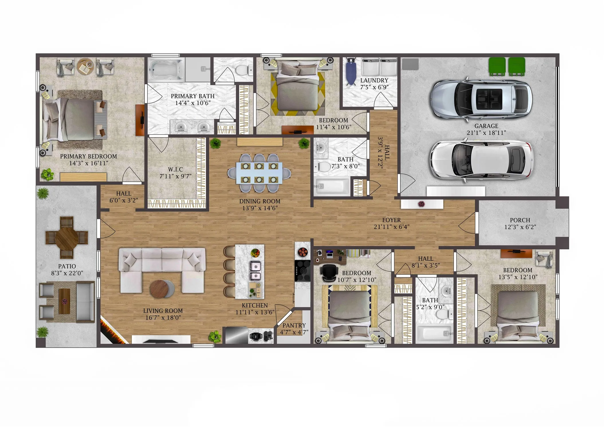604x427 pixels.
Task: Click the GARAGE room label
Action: (486, 126)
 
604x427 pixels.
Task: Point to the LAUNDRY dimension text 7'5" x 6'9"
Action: (374, 87)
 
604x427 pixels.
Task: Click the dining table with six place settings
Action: (259, 173)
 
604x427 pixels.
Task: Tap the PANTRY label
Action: (294, 325)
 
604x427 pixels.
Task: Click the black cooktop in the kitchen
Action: (303, 271)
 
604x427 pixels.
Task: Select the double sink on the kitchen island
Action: (255, 271)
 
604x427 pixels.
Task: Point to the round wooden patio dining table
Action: (66, 238)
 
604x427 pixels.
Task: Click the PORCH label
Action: (520, 220)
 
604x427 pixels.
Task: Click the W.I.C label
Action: (175, 169)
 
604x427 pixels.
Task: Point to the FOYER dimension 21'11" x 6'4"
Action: (391, 227)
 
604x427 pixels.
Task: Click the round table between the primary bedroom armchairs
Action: (85, 66)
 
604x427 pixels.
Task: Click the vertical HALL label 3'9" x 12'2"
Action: (383, 152)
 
